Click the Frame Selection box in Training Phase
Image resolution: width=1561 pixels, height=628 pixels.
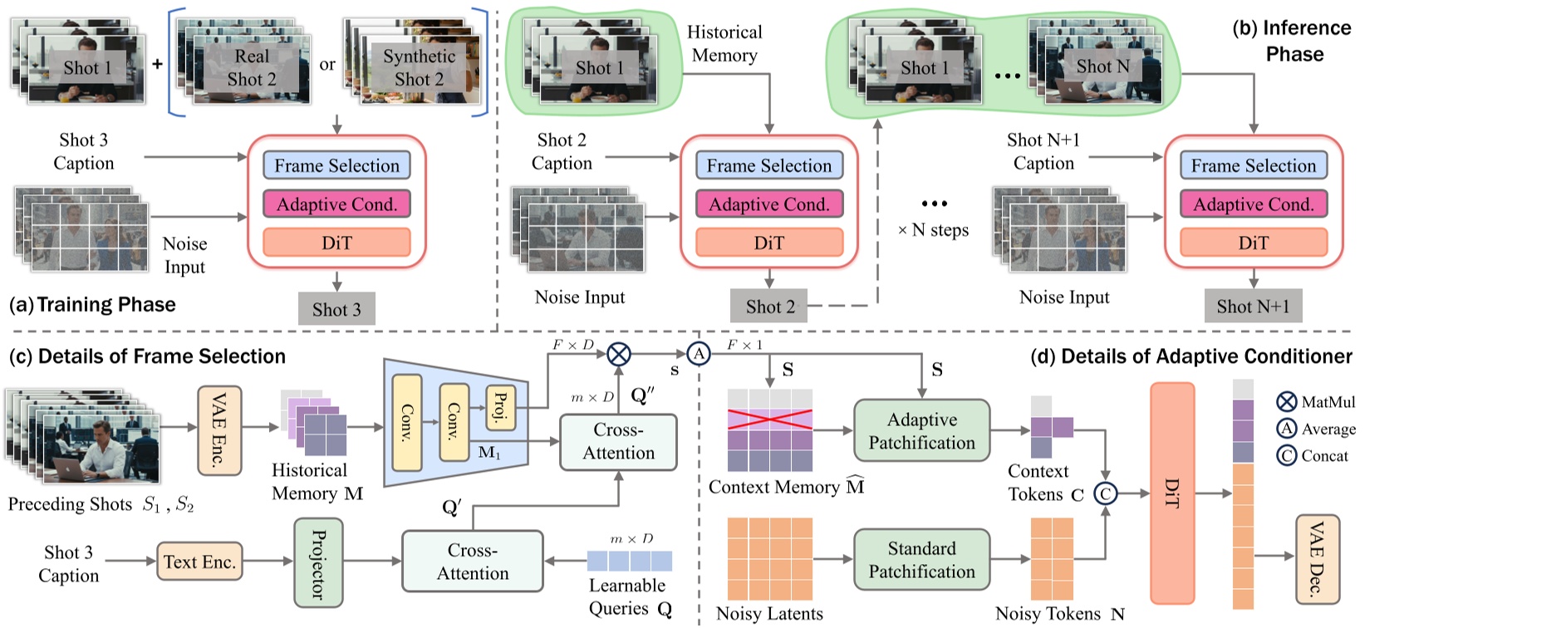click(336, 165)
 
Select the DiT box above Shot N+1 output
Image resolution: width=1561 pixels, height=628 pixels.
click(1253, 243)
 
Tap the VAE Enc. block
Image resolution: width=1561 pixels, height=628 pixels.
click(219, 430)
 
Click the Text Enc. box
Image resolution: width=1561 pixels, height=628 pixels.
click(199, 562)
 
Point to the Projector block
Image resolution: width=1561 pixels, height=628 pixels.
click(317, 563)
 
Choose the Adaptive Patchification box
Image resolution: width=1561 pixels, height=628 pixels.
click(921, 430)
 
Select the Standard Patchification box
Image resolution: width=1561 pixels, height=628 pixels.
click(921, 560)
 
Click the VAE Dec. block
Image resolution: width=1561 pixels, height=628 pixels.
click(1317, 559)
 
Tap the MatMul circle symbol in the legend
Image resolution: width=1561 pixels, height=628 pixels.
click(1286, 402)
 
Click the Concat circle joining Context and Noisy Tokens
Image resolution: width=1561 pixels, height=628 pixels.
click(1104, 493)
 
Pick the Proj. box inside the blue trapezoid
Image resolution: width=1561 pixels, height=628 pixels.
click(500, 408)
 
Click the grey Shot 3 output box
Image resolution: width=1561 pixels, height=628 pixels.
click(336, 309)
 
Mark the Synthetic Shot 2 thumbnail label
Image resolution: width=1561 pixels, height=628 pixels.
click(419, 67)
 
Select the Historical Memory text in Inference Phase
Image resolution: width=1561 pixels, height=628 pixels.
click(724, 43)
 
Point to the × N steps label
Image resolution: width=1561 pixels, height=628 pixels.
click(933, 230)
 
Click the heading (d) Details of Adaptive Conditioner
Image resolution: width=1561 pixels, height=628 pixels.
click(1190, 356)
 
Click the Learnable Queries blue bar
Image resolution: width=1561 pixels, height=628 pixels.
click(629, 561)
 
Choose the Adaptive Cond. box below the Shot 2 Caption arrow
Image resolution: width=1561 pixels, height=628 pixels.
click(768, 204)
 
